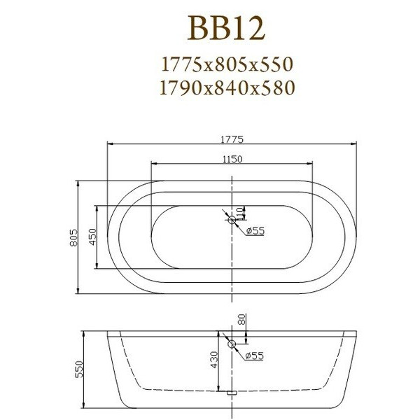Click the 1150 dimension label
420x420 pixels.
point(232,160)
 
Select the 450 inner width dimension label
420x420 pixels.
point(92,237)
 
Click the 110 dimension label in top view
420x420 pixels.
point(239,211)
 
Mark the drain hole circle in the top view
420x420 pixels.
point(232,219)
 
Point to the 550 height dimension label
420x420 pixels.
point(78,368)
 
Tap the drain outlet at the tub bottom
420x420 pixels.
point(232,394)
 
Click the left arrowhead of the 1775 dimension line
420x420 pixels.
point(109,145)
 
